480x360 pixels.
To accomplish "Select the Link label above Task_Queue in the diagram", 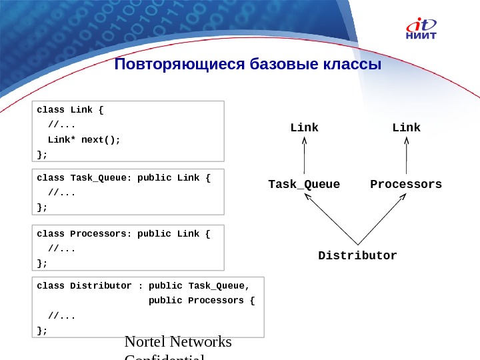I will point(304,127).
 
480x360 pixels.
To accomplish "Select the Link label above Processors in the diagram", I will point(406,127).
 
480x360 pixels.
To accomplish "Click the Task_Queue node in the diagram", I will point(304,184).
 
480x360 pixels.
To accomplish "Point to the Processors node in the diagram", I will point(406,184).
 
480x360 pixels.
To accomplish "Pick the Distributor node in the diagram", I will point(357,256).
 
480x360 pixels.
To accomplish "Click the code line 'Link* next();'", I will point(84,140).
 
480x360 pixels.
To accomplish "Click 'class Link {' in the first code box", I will point(71,109).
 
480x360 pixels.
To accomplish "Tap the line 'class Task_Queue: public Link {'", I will point(123,178).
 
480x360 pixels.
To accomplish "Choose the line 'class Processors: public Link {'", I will point(123,234).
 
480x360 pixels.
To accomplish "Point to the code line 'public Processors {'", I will point(201,301).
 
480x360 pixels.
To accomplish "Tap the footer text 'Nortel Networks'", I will point(179,342).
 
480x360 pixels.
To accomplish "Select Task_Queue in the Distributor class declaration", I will point(219,286).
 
